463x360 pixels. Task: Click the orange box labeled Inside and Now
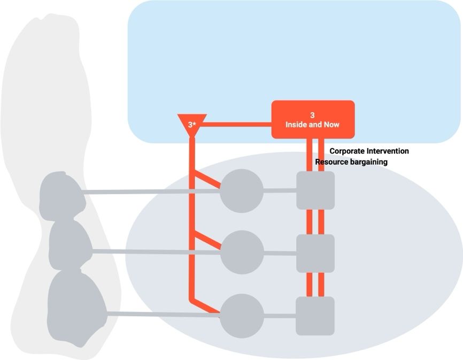click(313, 120)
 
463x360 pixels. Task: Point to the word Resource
click(332, 162)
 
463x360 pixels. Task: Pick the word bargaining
click(369, 162)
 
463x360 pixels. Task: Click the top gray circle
click(242, 190)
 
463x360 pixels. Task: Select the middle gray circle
click(242, 252)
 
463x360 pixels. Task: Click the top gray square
click(315, 190)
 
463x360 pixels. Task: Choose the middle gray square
click(315, 253)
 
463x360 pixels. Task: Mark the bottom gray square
click(315, 316)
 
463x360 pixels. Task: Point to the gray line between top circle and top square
click(280, 190)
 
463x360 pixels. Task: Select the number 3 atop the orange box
click(313, 115)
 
